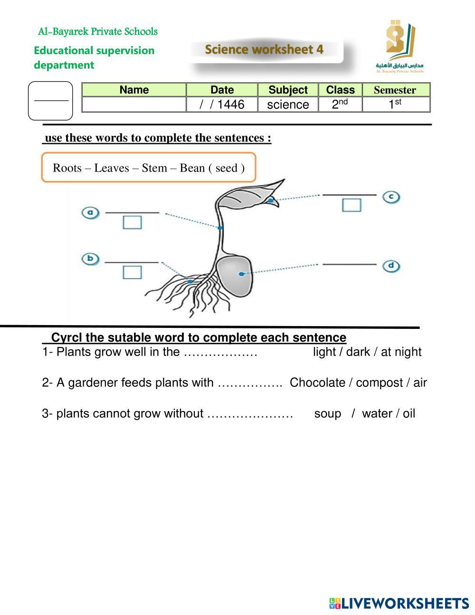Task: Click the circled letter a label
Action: point(90,212)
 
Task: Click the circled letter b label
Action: point(90,259)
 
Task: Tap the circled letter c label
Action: point(391,196)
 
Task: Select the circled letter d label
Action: point(391,266)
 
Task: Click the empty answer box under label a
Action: point(132,222)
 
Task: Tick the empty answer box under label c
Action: point(351,205)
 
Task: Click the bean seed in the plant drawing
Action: point(234,276)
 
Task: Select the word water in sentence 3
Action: point(377,413)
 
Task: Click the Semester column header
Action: point(395,90)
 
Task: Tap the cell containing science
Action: point(288,105)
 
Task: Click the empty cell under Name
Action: point(134,105)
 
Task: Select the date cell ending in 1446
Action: point(222,105)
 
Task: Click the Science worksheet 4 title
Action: point(264,49)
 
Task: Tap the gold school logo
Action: point(400,42)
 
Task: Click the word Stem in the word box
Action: point(154,168)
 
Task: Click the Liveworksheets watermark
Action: point(399,604)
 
